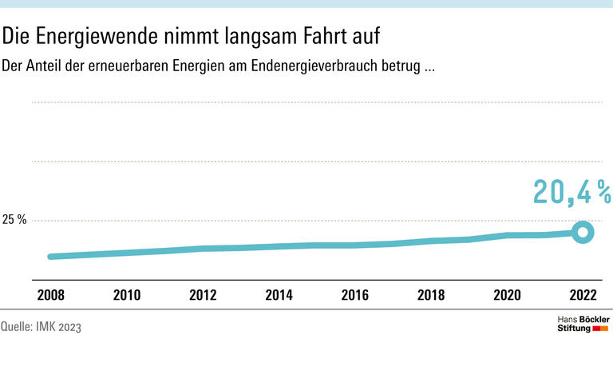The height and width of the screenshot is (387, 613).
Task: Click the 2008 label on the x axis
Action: (50, 296)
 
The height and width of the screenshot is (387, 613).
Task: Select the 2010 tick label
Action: (127, 296)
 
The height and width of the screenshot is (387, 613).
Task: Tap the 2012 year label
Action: (203, 296)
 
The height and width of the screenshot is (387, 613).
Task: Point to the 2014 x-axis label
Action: (279, 296)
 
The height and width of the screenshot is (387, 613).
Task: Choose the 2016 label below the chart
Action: (354, 296)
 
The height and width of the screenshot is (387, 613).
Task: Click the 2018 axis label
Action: (431, 296)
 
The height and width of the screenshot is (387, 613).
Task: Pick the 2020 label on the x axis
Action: (507, 296)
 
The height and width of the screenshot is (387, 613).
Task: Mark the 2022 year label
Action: (583, 296)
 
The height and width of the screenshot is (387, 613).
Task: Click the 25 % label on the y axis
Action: (14, 220)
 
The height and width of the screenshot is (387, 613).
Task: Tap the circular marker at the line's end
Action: (583, 233)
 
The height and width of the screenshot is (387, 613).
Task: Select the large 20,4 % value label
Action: (571, 193)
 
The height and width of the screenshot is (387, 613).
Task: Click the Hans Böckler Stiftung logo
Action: (583, 324)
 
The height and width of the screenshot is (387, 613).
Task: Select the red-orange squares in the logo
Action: (601, 329)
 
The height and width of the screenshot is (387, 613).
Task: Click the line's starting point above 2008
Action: (51, 257)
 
